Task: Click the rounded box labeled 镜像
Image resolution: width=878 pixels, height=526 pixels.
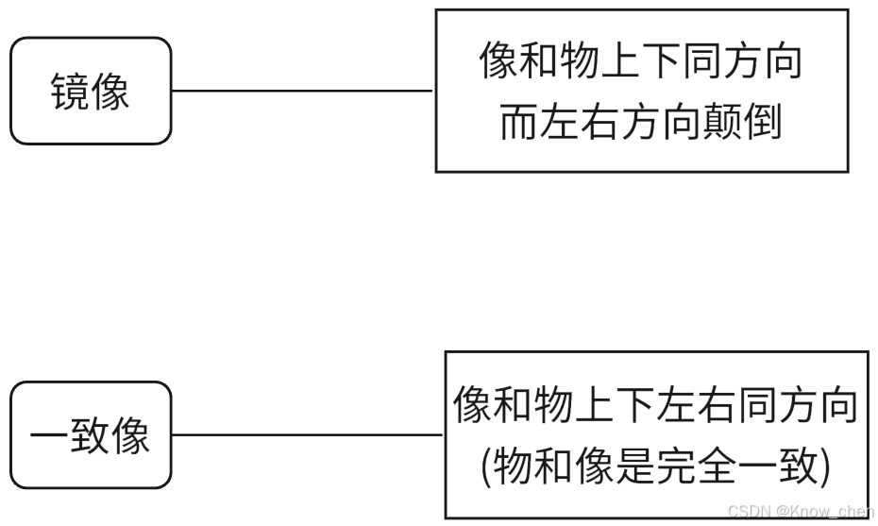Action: pyautogui.click(x=91, y=92)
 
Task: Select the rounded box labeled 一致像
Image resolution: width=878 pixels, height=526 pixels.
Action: pyautogui.click(x=91, y=435)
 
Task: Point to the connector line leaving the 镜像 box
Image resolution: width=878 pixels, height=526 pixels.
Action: pyautogui.click(x=302, y=92)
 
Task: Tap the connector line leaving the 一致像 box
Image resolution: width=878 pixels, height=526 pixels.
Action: pyautogui.click(x=307, y=435)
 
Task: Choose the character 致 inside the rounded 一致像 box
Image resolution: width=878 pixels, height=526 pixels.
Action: pyautogui.click(x=91, y=436)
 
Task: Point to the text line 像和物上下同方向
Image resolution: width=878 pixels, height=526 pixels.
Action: pyautogui.click(x=641, y=63)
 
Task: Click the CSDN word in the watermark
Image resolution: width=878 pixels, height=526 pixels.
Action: pyautogui.click(x=747, y=511)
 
